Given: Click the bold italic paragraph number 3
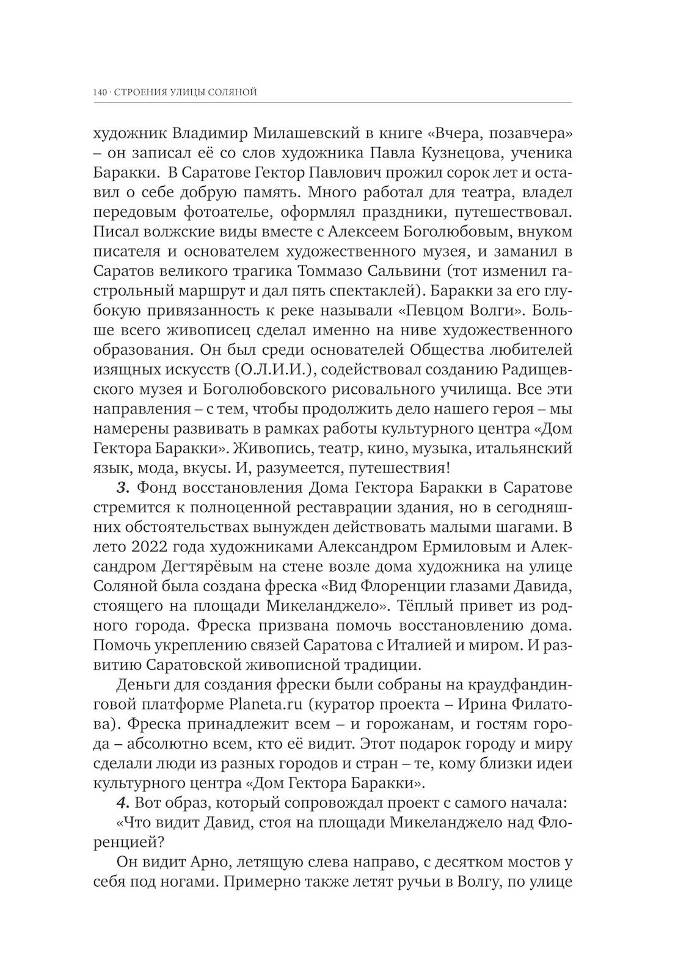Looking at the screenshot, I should click(121, 488).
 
